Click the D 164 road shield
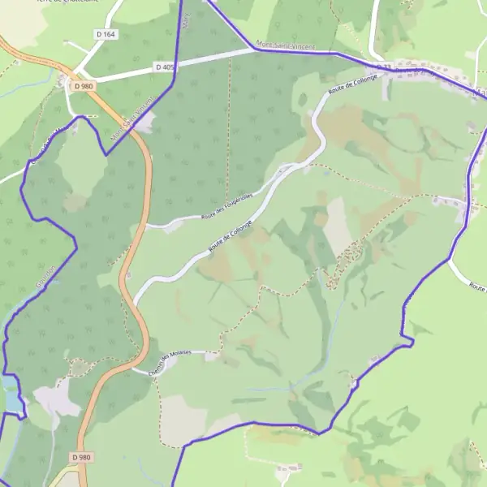(106, 34)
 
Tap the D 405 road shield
(163, 67)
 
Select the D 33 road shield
(383, 67)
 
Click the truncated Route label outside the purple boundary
(479, 288)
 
